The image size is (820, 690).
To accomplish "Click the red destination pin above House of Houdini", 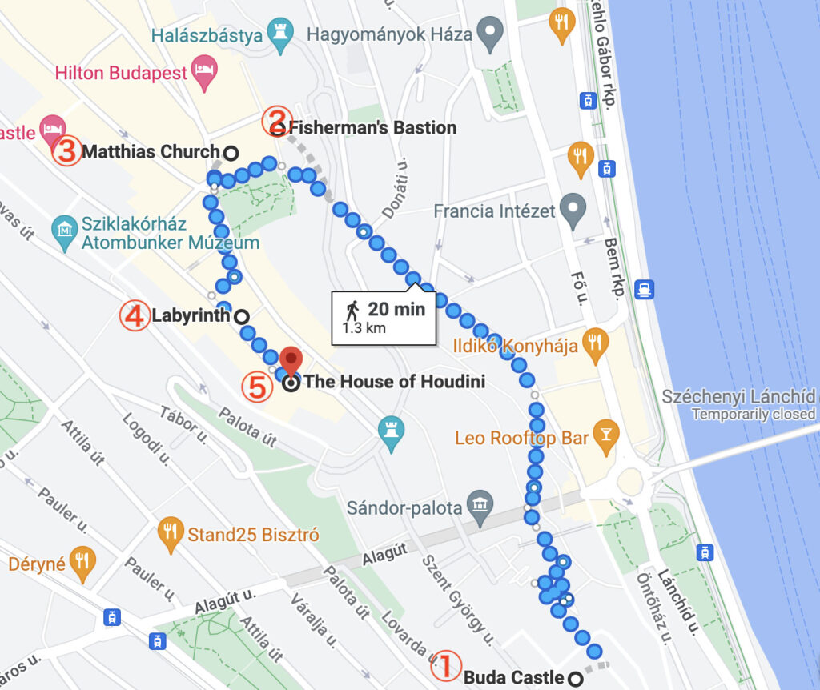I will coord(291,360).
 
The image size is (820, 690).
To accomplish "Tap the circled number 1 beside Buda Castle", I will coord(447,664).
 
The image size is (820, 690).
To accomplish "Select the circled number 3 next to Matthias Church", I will coord(67,151).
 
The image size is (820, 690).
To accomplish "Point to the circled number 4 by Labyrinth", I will coord(134,315).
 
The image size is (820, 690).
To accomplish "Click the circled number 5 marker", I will coord(256,387).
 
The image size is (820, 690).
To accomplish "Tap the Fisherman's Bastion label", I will coord(372,128).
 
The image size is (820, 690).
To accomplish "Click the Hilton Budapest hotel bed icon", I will coord(205,73).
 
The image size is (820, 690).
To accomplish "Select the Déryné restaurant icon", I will coord(83,563).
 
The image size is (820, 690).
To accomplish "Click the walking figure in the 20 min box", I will coord(353,309).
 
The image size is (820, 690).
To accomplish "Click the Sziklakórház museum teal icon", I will coord(65,232).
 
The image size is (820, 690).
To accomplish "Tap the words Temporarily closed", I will coord(753,415).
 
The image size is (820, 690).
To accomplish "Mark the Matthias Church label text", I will coord(151,151).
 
